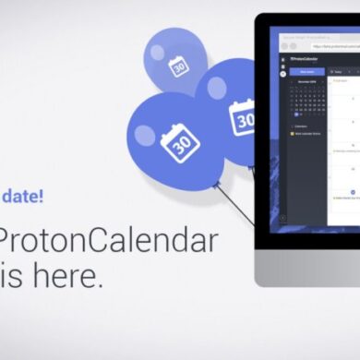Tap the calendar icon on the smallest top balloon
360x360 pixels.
coord(178,66)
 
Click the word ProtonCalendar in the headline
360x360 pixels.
coord(109,242)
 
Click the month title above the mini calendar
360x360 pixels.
coord(306,81)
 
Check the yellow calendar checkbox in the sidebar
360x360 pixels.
coord(293,133)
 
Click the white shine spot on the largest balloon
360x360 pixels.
coord(145,135)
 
